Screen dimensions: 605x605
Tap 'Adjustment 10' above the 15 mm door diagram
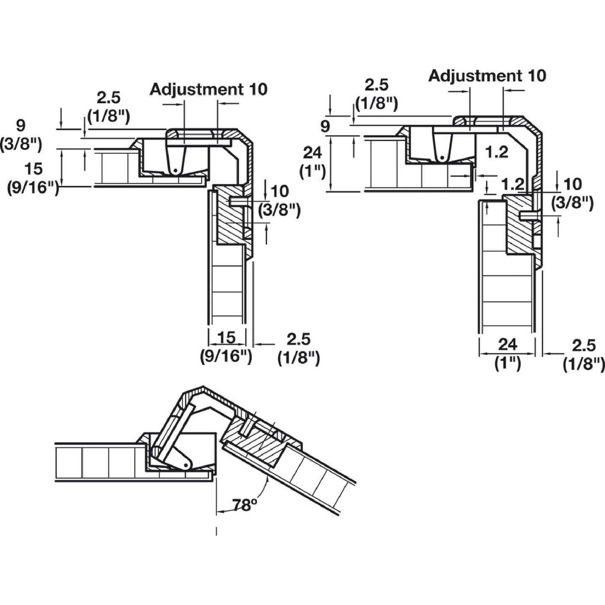pos(209,89)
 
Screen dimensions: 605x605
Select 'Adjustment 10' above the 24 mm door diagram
pos(487,76)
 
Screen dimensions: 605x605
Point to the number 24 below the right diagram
pos(507,345)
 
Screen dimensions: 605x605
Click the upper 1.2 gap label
pos(497,152)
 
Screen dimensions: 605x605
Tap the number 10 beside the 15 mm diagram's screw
pos(279,191)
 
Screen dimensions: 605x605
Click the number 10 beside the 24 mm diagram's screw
pos(572,184)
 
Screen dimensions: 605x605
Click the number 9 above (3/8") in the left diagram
pos(20,125)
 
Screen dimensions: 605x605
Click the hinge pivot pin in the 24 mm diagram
pos(442,157)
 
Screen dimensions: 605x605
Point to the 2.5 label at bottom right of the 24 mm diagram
pos(583,346)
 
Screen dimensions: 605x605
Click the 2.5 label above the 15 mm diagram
pos(108,98)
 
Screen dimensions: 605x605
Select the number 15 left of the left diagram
pos(33,169)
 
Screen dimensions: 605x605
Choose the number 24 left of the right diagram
pos(313,153)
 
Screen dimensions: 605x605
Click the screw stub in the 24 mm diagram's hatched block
pos(528,215)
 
